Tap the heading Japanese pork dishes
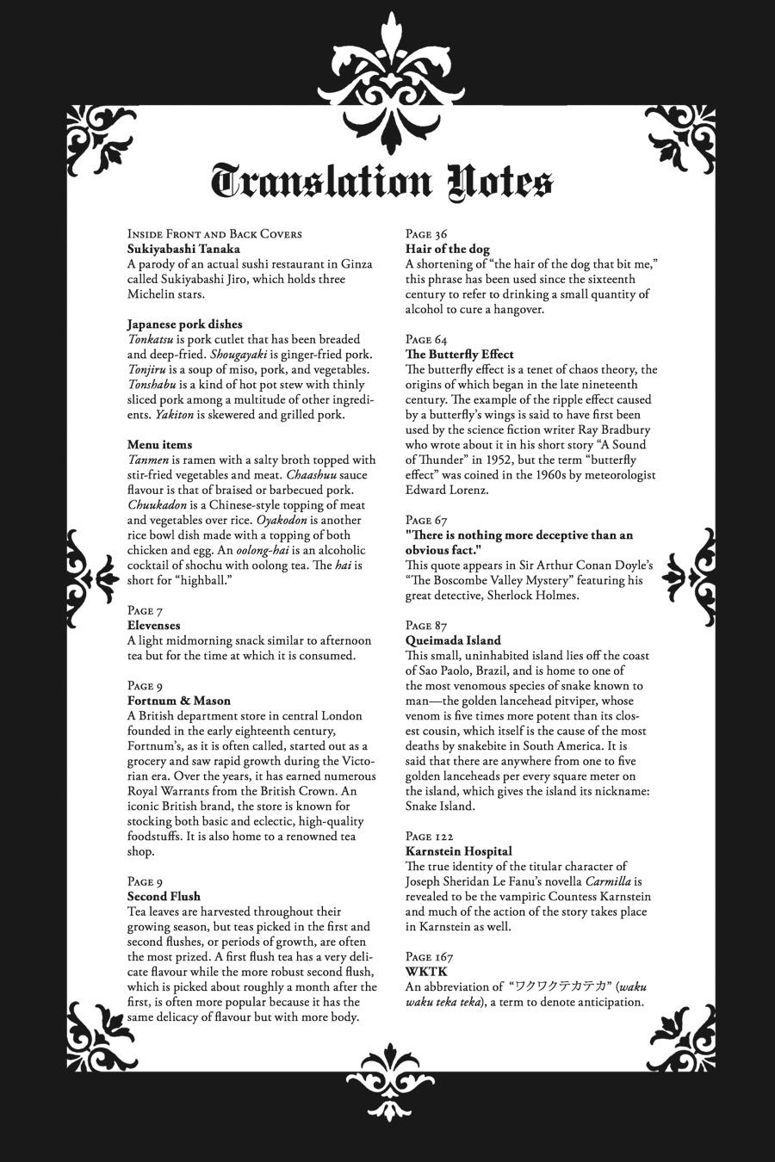pos(184,324)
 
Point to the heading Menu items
pos(159,445)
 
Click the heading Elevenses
pos(154,626)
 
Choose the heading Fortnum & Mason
pos(178,701)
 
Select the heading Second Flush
pos(164,897)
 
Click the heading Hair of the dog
pos(447,249)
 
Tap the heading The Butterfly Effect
pos(460,355)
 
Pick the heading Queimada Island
pos(453,640)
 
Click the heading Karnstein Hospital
pos(459,851)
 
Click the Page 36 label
pos(426,234)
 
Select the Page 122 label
pos(429,837)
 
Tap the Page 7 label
pos(145,611)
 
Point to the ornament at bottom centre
pos(387,1086)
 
